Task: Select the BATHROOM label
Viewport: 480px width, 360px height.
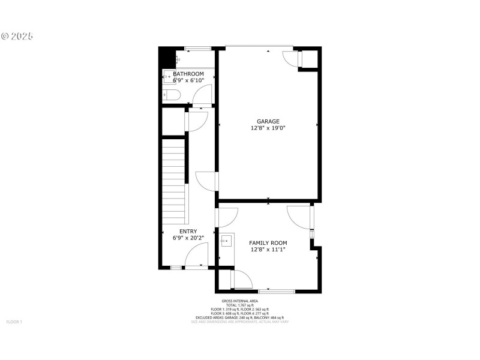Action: click(188, 74)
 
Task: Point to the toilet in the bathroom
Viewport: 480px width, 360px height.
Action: click(170, 95)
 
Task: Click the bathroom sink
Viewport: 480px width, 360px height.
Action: click(169, 76)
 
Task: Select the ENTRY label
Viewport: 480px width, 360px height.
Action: click(188, 232)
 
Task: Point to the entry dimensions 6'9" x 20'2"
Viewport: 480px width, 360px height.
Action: click(188, 238)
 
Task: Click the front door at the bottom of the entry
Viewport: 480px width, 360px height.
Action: click(196, 259)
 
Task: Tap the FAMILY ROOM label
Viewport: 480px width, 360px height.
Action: click(268, 242)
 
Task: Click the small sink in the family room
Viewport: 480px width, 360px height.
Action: click(226, 242)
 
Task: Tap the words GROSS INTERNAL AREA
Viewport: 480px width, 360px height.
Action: click(239, 301)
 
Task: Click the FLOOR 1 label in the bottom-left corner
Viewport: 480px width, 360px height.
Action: click(14, 322)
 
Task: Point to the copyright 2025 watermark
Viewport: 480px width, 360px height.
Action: click(17, 36)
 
